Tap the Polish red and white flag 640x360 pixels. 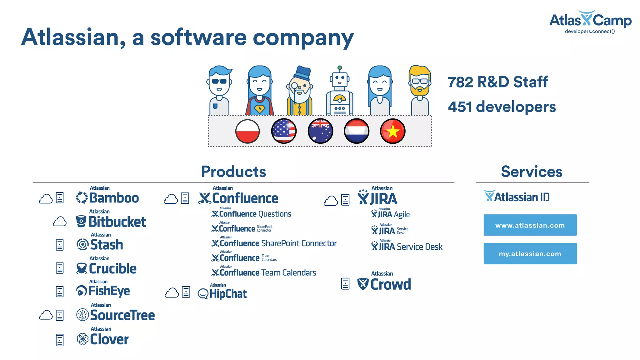coord(247,131)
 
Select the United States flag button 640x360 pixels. coord(284,131)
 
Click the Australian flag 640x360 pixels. coord(320,131)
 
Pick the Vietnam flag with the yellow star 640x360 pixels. coord(392,131)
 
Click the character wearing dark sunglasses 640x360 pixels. coord(219,91)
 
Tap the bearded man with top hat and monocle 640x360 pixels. coord(299,91)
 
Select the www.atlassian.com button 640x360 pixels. coord(530,225)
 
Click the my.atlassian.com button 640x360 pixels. coord(530,254)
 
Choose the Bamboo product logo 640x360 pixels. coord(108,197)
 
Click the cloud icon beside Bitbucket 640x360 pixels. coord(60,222)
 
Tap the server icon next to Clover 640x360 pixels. coord(60,340)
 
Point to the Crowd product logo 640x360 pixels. coord(384,284)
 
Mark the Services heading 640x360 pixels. coord(532,172)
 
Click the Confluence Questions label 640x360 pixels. coord(252,214)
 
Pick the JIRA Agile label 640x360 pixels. coord(391,214)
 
